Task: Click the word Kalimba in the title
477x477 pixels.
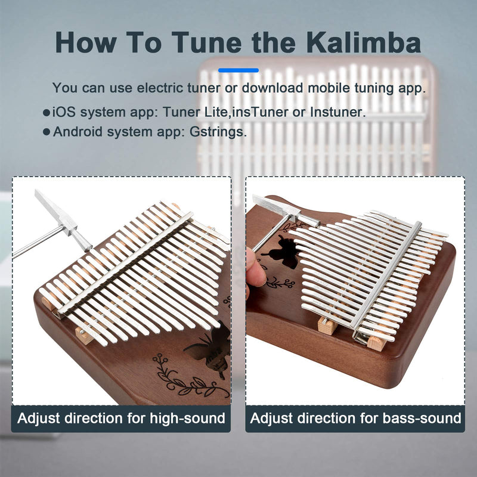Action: pyautogui.click(x=364, y=42)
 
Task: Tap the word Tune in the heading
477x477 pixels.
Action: pyautogui.click(x=206, y=42)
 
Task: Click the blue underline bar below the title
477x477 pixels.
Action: pyautogui.click(x=238, y=70)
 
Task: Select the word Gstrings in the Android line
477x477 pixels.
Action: pyautogui.click(x=218, y=132)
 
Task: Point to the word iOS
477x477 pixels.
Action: pyautogui.click(x=64, y=112)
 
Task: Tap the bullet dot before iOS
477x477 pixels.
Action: pyautogui.click(x=47, y=113)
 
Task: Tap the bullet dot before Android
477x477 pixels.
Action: pyautogui.click(x=47, y=132)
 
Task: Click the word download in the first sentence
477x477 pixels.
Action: pyautogui.click(x=272, y=88)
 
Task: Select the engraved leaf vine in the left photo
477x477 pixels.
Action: pyautogui.click(x=188, y=377)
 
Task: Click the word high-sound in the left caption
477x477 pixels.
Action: pyautogui.click(x=187, y=419)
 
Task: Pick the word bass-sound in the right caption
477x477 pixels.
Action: pyautogui.click(x=422, y=419)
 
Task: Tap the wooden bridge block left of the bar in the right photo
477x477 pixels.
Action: pyautogui.click(x=327, y=326)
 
